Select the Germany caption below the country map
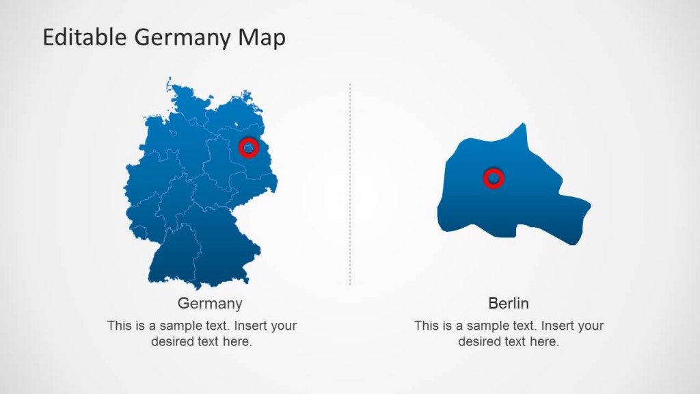(x=210, y=303)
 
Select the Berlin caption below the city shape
(x=509, y=303)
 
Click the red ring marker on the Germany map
(x=249, y=146)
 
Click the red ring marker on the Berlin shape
(x=493, y=179)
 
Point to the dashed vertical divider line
(x=350, y=185)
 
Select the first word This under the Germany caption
(x=120, y=326)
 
